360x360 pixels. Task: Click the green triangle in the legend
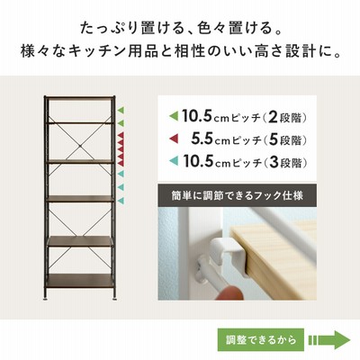coord(174,115)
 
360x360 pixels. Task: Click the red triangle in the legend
coord(174,139)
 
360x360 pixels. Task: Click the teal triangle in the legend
coord(174,161)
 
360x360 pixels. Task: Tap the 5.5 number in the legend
coord(202,139)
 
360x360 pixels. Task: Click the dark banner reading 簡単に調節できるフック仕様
coord(237,195)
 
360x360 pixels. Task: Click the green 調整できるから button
coord(261,340)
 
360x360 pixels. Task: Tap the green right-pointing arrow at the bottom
coord(329,340)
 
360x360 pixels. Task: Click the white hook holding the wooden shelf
coord(225,252)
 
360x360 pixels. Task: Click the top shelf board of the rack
coord(80,97)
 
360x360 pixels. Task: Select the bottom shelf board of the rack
coord(80,281)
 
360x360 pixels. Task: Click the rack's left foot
coord(46,298)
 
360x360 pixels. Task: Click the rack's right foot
coord(114,298)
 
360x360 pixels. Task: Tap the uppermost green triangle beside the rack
coord(121,110)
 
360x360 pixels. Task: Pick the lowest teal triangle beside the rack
coord(121,201)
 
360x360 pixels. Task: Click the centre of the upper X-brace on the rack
coord(80,146)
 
